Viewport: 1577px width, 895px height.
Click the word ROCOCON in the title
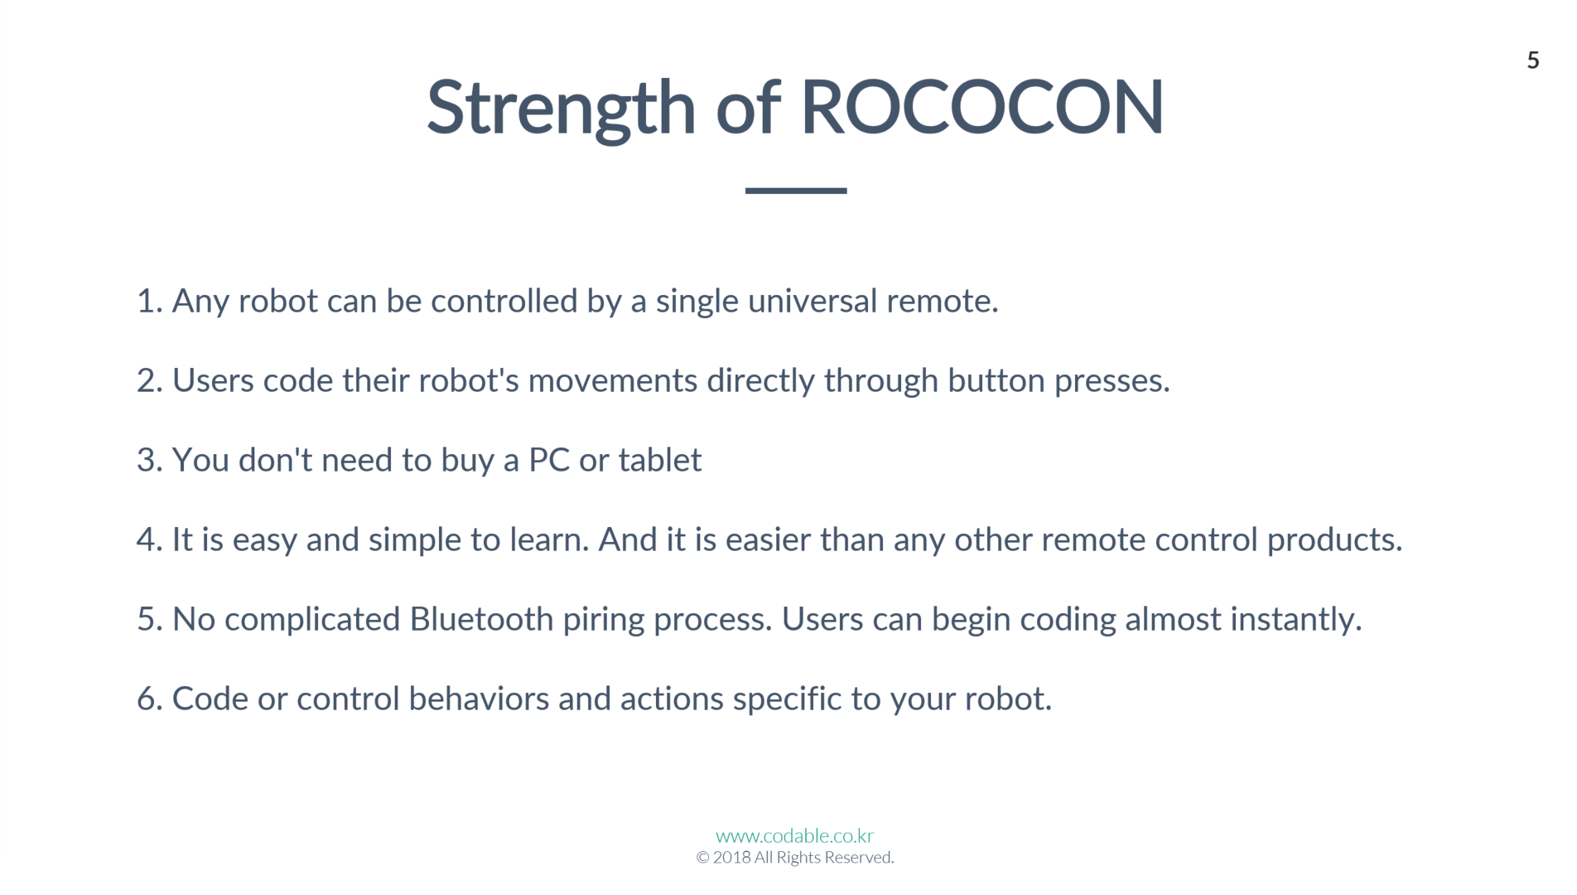(x=982, y=107)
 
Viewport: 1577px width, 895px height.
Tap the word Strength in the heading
(x=562, y=110)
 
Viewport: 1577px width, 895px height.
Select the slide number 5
(x=1533, y=60)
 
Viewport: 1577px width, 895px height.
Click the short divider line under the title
(x=796, y=191)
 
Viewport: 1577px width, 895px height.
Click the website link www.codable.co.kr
(x=795, y=835)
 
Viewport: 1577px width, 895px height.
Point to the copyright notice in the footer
(x=795, y=857)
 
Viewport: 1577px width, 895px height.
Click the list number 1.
(x=149, y=301)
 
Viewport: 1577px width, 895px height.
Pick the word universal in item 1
(x=812, y=301)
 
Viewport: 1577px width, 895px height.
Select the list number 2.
(x=149, y=380)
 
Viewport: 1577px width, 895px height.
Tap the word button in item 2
(x=996, y=380)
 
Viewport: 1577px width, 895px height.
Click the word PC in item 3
(x=549, y=460)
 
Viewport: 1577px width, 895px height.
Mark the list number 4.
(x=149, y=539)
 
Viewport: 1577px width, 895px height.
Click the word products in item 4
(x=1334, y=540)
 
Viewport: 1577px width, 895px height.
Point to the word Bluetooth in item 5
(x=481, y=619)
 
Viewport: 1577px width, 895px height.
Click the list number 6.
(x=149, y=699)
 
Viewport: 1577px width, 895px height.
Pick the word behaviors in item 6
(x=479, y=699)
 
